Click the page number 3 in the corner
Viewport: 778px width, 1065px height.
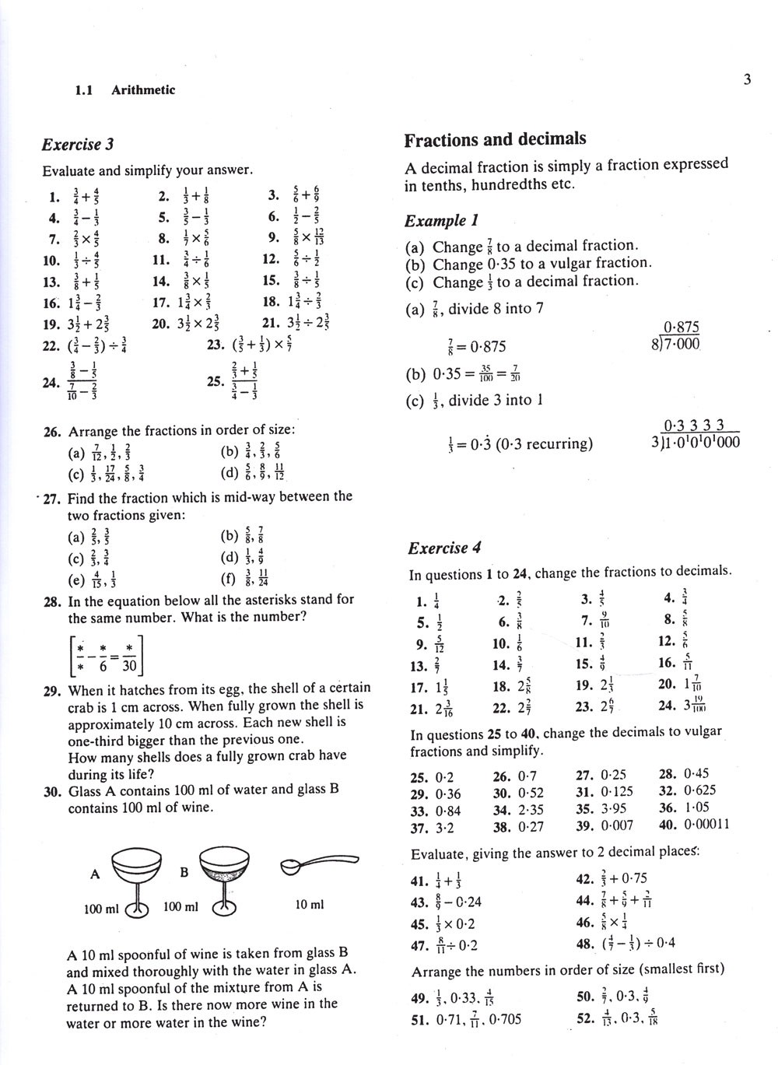[747, 79]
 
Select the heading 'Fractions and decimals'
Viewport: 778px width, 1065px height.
[495, 140]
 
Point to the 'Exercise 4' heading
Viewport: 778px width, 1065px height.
[444, 548]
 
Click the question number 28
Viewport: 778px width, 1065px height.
[53, 601]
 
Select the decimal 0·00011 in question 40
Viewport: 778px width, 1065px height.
[706, 825]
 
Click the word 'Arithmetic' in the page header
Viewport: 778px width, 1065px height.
[143, 90]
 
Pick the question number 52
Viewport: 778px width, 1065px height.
[585, 1018]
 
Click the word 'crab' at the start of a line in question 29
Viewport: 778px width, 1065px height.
[82, 706]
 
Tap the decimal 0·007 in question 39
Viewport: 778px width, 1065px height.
[617, 825]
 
